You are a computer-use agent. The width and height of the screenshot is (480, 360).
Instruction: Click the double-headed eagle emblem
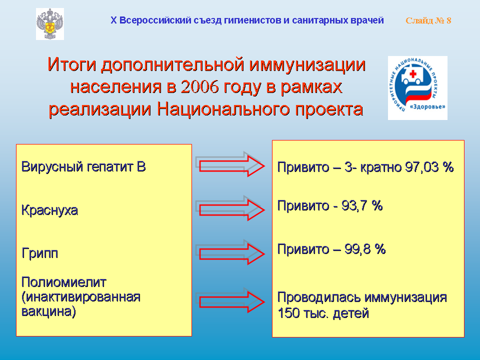50,24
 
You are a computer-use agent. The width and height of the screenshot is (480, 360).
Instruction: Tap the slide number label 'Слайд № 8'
428,20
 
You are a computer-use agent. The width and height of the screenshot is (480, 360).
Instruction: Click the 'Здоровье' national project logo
417,88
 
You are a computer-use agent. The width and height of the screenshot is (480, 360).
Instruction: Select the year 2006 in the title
199,87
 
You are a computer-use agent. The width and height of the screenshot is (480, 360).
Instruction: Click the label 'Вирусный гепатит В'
83,167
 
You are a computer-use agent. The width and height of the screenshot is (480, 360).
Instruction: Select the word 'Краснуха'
49,210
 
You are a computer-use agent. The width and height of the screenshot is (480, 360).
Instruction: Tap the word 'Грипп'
40,253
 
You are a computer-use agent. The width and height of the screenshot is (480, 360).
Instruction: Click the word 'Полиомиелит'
63,282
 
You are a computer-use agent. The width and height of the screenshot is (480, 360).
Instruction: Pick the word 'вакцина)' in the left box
48,311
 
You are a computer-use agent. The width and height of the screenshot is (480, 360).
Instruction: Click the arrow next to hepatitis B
230,164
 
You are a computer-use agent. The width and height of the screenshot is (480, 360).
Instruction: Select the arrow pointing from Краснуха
230,208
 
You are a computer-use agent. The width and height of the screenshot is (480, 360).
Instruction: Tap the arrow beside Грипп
230,252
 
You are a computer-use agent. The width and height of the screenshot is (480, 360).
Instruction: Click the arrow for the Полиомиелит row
230,300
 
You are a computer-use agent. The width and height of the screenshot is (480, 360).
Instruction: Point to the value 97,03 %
429,167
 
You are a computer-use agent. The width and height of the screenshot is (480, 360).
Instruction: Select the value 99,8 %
365,249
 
